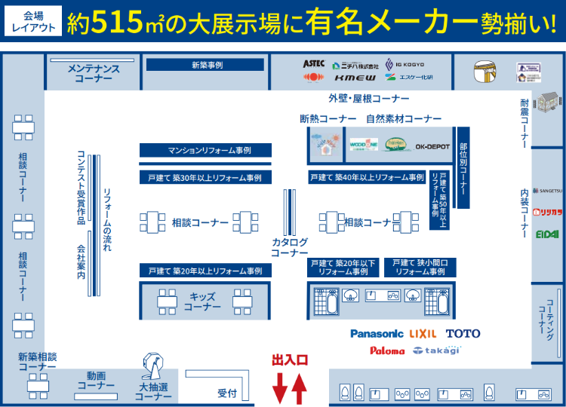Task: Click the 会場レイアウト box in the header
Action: click(32, 21)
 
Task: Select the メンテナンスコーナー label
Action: click(94, 73)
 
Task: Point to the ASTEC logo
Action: click(314, 63)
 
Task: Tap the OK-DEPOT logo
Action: click(432, 147)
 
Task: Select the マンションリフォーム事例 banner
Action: click(205, 151)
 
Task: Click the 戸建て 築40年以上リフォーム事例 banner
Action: click(367, 178)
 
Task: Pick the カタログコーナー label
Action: click(290, 247)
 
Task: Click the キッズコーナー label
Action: click(202, 301)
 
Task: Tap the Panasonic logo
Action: click(377, 333)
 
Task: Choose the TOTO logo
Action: click(463, 333)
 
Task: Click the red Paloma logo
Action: click(387, 350)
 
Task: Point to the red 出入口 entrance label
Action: click(290, 360)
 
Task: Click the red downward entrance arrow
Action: click(279, 388)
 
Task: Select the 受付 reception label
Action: click(227, 393)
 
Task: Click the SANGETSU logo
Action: click(547, 191)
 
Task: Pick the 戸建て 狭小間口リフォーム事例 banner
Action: click(419, 267)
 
